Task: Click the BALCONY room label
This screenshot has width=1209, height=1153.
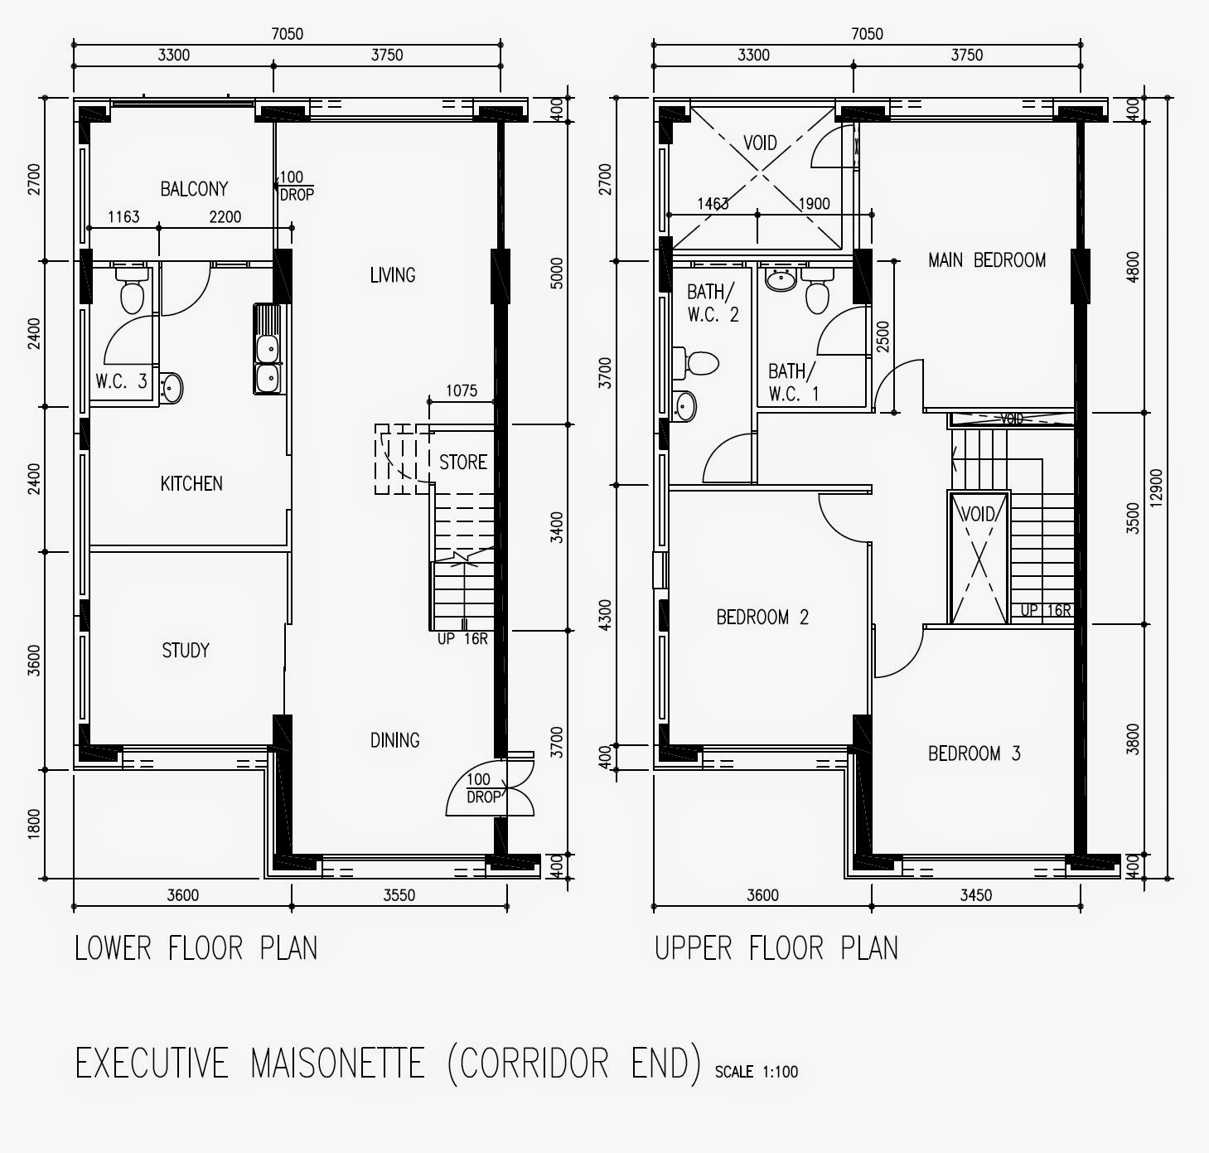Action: point(194,189)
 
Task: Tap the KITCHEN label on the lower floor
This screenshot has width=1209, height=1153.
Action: point(191,483)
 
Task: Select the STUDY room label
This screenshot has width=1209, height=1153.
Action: point(186,651)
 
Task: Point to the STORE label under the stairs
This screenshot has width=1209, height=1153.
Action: point(462,462)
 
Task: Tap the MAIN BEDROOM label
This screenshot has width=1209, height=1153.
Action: point(986,260)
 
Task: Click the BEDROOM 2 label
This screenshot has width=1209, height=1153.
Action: point(762,618)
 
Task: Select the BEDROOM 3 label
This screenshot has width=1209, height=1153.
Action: point(974,753)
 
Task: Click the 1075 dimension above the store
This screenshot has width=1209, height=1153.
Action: point(462,390)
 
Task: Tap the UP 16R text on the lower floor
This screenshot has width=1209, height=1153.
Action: point(462,639)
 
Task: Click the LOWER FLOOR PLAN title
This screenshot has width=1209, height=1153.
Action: point(196,947)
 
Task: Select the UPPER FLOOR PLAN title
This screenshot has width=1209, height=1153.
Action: point(776,947)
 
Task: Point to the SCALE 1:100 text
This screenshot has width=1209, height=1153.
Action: point(756,1072)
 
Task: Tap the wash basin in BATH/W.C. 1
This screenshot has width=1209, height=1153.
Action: point(781,279)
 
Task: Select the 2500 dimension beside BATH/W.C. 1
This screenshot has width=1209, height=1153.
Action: point(883,337)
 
